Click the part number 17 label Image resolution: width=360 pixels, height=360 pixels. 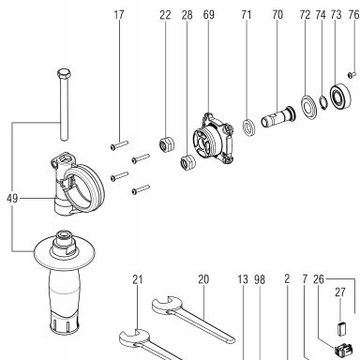(119, 15)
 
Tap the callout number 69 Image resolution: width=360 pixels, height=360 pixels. (208, 15)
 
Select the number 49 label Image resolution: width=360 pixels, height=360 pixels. (12, 199)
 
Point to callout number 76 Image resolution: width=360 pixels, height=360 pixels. (353, 15)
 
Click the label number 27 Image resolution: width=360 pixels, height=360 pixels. (340, 292)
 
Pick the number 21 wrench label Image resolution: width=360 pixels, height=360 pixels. (138, 279)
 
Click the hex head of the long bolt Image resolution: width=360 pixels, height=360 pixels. (64, 73)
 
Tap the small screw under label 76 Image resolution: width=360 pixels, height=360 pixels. (352, 74)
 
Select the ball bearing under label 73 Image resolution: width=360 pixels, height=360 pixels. (340, 97)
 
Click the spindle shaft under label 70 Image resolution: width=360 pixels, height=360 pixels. (277, 116)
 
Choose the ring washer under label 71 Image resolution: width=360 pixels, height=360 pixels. (249, 127)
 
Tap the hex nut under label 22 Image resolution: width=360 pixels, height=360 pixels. (167, 143)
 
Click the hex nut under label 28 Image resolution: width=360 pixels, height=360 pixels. (188, 161)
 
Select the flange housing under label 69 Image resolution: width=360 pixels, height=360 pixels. (213, 139)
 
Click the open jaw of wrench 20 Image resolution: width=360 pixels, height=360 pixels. (162, 305)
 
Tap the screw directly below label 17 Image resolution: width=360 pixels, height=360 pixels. (119, 145)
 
